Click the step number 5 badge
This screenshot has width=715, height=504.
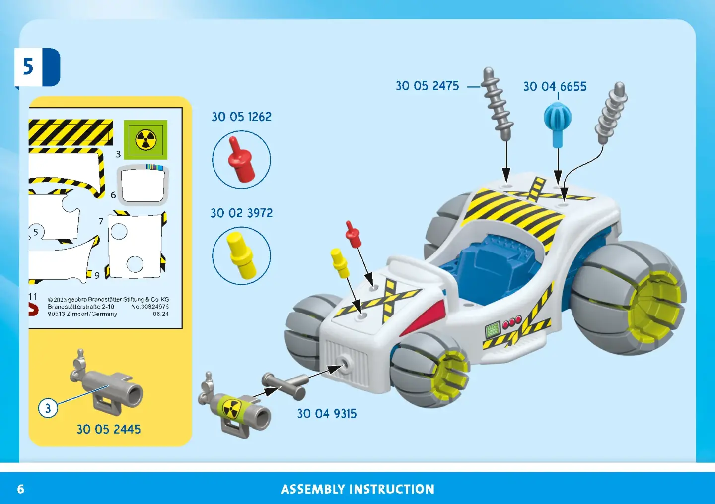[37, 67]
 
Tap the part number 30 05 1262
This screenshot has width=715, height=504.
[242, 117]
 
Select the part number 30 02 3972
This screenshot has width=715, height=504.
[242, 213]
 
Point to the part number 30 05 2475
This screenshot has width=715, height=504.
[427, 86]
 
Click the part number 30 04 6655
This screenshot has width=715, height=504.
[555, 86]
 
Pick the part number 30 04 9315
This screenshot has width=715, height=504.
[327, 413]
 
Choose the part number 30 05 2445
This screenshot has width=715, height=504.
[109, 429]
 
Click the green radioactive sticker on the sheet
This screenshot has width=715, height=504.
[145, 140]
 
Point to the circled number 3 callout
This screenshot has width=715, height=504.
[48, 408]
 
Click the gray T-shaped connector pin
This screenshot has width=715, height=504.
[285, 386]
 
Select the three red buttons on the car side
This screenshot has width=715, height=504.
[512, 322]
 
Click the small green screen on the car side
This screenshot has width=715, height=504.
[492, 329]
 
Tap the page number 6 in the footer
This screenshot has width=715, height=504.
[21, 489]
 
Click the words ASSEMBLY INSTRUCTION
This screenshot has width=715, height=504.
[357, 489]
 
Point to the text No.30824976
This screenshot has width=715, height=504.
[150, 307]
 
